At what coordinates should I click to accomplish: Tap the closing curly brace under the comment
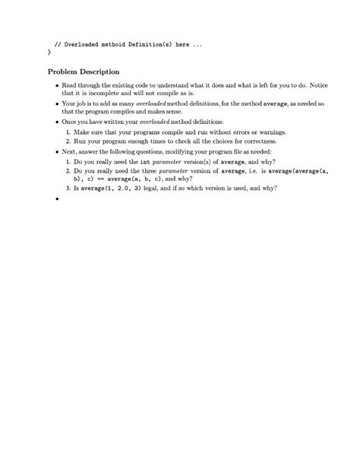pos(49,53)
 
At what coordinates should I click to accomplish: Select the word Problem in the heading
pos(65,72)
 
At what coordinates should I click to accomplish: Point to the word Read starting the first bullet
pos(69,87)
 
